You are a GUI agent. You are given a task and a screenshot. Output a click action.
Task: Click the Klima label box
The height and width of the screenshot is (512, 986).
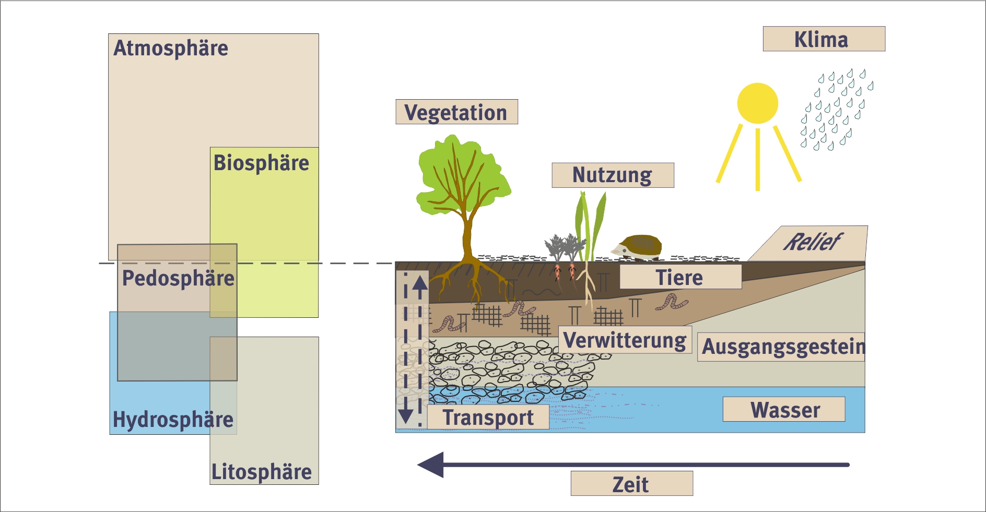pyautogui.click(x=824, y=39)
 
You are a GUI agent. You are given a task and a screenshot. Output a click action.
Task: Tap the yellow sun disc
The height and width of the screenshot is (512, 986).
pyautogui.click(x=757, y=103)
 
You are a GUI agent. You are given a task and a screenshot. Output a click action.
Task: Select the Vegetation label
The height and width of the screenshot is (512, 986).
pyautogui.click(x=456, y=112)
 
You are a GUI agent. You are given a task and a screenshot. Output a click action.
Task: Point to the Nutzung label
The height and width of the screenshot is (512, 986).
pyautogui.click(x=613, y=175)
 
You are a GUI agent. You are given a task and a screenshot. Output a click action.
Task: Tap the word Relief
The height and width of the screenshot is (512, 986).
pyautogui.click(x=812, y=242)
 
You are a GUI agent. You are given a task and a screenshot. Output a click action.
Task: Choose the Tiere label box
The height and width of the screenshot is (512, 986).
pyautogui.click(x=680, y=277)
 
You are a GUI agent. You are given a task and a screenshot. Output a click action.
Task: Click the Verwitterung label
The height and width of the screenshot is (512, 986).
pyautogui.click(x=625, y=340)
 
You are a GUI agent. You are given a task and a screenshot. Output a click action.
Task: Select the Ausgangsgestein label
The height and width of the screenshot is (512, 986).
pyautogui.click(x=782, y=347)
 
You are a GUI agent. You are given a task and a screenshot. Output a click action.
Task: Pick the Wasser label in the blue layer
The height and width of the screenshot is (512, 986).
pyautogui.click(x=784, y=410)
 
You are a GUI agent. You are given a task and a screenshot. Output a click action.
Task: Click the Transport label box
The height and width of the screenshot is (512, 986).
pyautogui.click(x=488, y=418)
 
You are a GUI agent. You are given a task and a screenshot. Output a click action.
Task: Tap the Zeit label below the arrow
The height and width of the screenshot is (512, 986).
pyautogui.click(x=631, y=484)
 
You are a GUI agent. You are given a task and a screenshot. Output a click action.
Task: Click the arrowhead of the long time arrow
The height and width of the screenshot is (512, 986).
pyautogui.click(x=431, y=465)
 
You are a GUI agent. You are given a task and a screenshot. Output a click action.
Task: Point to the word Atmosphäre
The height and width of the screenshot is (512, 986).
pyautogui.click(x=171, y=48)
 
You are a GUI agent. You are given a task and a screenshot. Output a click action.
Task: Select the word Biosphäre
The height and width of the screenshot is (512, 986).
pyautogui.click(x=261, y=163)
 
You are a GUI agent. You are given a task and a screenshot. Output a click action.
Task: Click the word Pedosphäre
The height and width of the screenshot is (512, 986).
pyautogui.click(x=178, y=278)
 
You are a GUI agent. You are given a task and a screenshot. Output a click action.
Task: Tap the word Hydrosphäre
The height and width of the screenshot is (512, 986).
pyautogui.click(x=173, y=420)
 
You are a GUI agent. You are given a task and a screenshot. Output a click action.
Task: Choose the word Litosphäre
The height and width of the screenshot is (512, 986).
pyautogui.click(x=261, y=472)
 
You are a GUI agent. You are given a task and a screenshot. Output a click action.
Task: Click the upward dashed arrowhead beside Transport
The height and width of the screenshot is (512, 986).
pyautogui.click(x=420, y=283)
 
